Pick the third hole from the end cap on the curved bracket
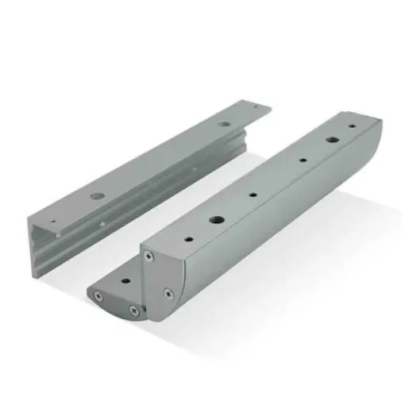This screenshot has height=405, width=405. [x=253, y=193]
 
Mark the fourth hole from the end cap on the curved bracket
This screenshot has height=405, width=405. [x=302, y=161]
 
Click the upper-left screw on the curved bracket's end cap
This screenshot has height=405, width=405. [x=148, y=256]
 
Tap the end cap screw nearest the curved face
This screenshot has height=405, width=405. [x=168, y=293]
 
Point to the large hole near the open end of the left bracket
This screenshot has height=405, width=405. [x=96, y=195]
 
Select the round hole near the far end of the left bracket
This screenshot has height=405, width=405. [x=227, y=125]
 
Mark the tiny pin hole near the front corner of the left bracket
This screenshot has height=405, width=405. [x=53, y=222]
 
